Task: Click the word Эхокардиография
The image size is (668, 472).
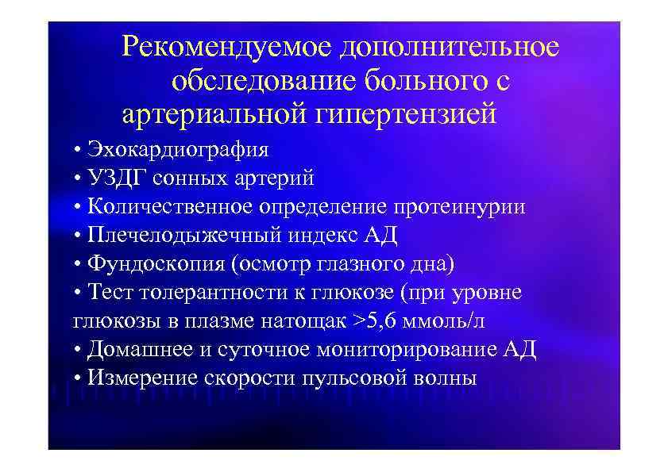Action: tap(179, 150)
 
